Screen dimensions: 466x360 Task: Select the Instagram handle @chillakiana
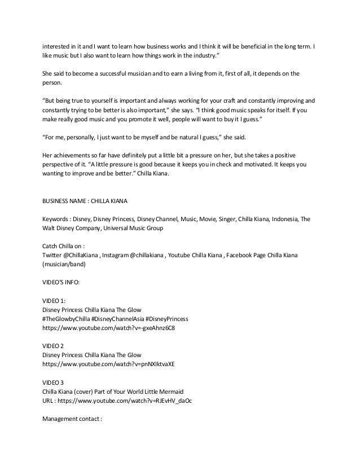(x=141, y=256)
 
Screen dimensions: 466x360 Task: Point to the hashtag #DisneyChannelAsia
(x=125, y=319)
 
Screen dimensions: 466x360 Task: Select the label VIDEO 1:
(x=54, y=300)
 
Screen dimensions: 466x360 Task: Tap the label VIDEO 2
(x=54, y=345)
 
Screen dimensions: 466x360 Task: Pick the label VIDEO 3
(x=54, y=382)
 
